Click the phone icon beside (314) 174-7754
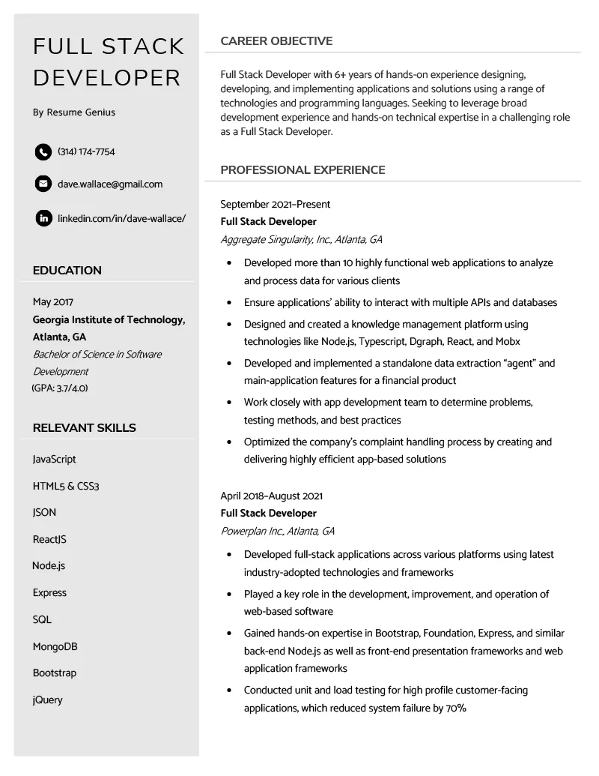(43, 152)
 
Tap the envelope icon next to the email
(43, 184)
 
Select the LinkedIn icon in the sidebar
(43, 218)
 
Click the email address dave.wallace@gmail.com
(110, 184)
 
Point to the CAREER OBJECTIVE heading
(276, 41)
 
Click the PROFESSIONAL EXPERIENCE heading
(302, 170)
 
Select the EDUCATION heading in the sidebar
(67, 271)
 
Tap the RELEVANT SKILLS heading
(85, 428)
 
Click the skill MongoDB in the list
(55, 646)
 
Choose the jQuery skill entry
(48, 700)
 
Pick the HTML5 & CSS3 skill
(66, 487)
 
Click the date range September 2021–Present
(275, 205)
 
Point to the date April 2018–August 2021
(271, 496)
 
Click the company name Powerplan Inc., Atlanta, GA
(277, 532)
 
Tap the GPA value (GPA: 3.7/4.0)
(60, 388)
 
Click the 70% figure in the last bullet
(456, 709)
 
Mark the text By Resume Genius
(74, 112)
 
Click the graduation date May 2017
(53, 302)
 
